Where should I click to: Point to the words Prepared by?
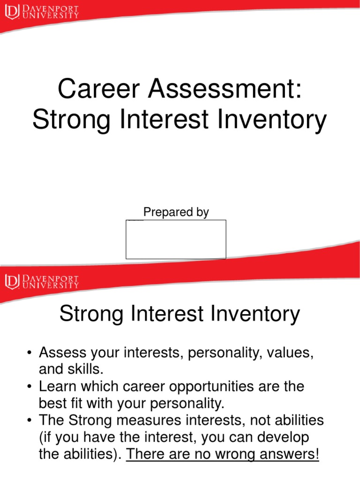(176, 212)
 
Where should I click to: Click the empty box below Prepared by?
(176, 239)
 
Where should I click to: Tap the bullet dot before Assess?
(29, 352)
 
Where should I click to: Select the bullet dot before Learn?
(29, 387)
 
